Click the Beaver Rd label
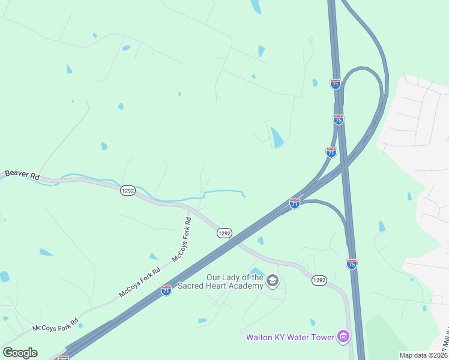click(x=22, y=175)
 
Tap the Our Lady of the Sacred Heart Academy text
click(x=235, y=281)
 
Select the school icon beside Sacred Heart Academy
click(x=273, y=281)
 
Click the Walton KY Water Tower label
click(x=290, y=337)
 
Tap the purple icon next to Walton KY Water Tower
click(x=343, y=336)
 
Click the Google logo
click(x=20, y=352)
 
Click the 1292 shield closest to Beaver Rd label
click(x=127, y=190)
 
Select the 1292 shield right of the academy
click(x=319, y=280)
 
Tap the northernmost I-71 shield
click(x=336, y=83)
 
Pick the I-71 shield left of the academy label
click(x=166, y=290)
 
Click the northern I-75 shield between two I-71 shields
click(x=339, y=119)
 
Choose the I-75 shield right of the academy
click(x=352, y=263)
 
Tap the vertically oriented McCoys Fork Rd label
click(x=182, y=239)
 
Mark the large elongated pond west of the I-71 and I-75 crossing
click(x=277, y=137)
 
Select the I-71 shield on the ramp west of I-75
click(x=295, y=203)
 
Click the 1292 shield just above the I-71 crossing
click(x=224, y=233)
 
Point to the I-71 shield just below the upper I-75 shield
click(x=331, y=152)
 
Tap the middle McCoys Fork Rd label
click(x=140, y=282)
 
